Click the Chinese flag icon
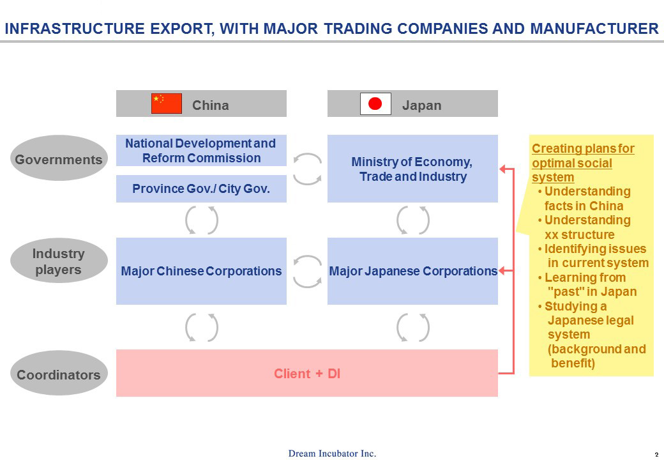click(167, 103)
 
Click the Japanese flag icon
click(375, 103)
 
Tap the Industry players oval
click(59, 261)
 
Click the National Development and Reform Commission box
click(201, 150)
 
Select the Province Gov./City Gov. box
click(201, 188)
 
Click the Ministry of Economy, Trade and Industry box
click(412, 169)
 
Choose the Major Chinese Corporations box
click(201, 271)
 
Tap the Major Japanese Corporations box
click(412, 271)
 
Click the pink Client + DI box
click(307, 373)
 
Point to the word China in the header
click(211, 105)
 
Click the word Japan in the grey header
click(422, 105)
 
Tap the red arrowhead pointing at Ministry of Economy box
click(502, 169)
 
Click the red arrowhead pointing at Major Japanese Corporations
click(502, 271)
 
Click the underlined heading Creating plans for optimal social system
click(583, 163)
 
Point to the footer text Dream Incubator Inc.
click(332, 453)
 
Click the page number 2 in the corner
click(656, 454)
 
